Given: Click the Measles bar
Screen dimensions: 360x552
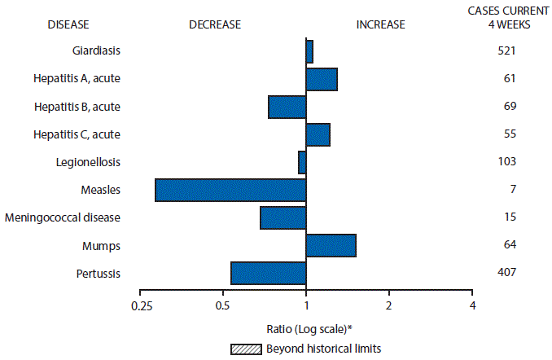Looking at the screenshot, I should pos(230,190).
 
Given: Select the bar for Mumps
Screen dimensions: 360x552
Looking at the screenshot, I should pos(331,245).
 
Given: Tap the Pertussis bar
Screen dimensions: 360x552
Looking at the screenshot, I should pos(268,273).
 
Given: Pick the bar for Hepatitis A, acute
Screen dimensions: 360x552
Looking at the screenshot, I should pos(322,79).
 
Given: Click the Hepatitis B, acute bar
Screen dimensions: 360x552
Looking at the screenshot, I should pos(287,107).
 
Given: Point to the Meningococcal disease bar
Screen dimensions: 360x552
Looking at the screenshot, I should pos(283,217).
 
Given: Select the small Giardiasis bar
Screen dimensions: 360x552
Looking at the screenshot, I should pos(309,51).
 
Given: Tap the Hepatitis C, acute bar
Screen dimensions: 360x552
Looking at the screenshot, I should pos(318,134).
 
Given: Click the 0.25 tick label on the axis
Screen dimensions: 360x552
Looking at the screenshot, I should pos(141,305).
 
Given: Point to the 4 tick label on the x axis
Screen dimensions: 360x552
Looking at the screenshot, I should pos(472,305).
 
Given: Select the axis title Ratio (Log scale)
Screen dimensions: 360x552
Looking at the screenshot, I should pos(309,328).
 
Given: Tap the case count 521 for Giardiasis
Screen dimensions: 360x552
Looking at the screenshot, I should pos(507,51).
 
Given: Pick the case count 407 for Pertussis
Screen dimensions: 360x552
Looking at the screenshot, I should pos(507,272).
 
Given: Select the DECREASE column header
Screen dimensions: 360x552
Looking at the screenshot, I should pos(215,24).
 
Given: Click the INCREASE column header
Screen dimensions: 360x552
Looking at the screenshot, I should pos(380,24).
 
